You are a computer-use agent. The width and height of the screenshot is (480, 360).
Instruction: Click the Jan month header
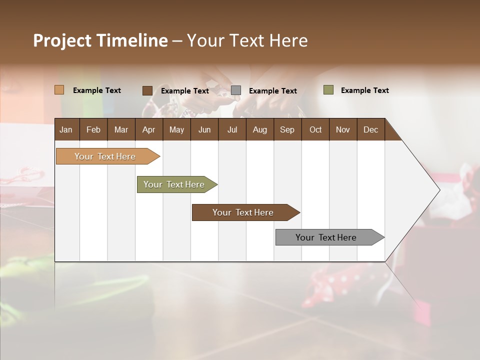pyautogui.click(x=66, y=129)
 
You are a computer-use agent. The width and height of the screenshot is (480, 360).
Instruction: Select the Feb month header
pyautogui.click(x=93, y=129)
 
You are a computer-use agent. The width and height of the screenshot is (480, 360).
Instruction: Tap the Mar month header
pyautogui.click(x=121, y=129)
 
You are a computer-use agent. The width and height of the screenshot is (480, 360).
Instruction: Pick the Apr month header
pyautogui.click(x=149, y=129)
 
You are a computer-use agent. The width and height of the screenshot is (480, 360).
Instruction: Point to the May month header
pyautogui.click(x=176, y=129)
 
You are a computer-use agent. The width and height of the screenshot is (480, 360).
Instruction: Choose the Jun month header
pyautogui.click(x=204, y=129)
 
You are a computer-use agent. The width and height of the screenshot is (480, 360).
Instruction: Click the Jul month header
pyautogui.click(x=232, y=129)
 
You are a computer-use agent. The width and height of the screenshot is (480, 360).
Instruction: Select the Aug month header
pyautogui.click(x=260, y=129)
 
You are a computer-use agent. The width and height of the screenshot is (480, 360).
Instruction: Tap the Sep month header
pyautogui.click(x=287, y=129)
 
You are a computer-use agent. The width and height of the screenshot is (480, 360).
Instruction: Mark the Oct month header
pyautogui.click(x=315, y=129)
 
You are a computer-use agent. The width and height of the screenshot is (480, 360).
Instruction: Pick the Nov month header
pyautogui.click(x=343, y=129)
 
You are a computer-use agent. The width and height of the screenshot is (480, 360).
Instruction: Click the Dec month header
pyautogui.click(x=371, y=129)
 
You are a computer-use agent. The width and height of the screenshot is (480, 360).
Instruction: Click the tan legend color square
pyautogui.click(x=59, y=90)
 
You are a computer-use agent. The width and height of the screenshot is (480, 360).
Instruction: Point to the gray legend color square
pyautogui.click(x=236, y=90)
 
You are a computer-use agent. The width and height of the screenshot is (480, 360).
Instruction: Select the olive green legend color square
pyautogui.click(x=328, y=90)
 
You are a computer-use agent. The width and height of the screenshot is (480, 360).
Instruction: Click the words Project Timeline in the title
pyautogui.click(x=100, y=40)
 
